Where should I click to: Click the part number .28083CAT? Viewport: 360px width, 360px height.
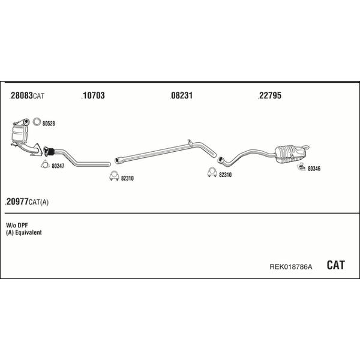point(27,95)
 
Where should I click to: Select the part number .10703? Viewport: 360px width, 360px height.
point(93,95)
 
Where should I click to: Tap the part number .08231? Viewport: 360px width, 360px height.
point(181,95)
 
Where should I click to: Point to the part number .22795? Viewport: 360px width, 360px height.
point(269,95)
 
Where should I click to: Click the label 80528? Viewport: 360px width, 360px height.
point(49,124)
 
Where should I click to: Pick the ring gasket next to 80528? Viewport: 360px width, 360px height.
point(37,122)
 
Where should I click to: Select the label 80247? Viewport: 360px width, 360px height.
point(58,166)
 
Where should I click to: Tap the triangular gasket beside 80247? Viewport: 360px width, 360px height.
point(45,164)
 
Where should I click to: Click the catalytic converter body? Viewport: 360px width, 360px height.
point(20,134)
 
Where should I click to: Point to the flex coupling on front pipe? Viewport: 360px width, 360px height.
point(49,152)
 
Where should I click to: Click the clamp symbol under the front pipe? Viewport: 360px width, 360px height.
point(113,176)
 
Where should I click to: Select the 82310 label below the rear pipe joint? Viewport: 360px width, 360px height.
point(225,175)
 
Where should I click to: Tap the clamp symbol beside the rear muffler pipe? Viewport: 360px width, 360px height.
point(212,173)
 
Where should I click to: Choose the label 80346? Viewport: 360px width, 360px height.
point(314,169)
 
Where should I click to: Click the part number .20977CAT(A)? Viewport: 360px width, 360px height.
point(27,202)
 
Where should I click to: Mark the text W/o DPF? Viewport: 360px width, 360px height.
point(17,225)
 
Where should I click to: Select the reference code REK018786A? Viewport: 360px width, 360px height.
point(290,267)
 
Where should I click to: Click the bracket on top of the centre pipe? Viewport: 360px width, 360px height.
point(190,143)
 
